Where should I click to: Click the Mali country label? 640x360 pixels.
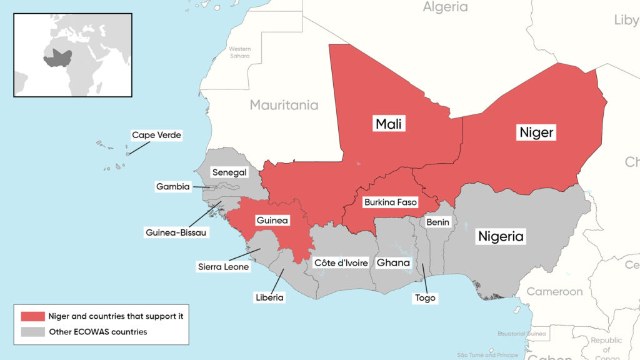(389, 124)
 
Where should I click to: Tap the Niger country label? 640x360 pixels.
(537, 132)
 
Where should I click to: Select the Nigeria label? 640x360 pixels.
(501, 236)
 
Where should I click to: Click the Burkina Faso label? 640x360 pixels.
(390, 202)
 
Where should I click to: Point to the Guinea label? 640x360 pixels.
(272, 221)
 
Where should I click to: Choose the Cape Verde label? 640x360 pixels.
(156, 135)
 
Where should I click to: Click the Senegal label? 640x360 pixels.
(229, 172)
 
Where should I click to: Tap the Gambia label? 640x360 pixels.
(172, 186)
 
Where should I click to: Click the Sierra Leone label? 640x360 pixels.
(224, 267)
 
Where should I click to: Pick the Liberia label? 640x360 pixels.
(269, 297)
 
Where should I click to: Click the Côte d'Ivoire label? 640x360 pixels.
(341, 262)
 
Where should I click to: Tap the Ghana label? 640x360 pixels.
(393, 262)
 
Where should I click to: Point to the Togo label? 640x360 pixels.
(425, 298)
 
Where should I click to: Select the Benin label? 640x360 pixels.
(437, 222)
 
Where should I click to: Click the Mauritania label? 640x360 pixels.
(284, 105)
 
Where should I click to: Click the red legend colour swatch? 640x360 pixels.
(32, 316)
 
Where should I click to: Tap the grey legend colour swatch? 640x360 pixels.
(32, 332)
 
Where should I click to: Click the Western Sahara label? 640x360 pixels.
(239, 52)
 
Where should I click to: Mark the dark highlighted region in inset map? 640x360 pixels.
(58, 57)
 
